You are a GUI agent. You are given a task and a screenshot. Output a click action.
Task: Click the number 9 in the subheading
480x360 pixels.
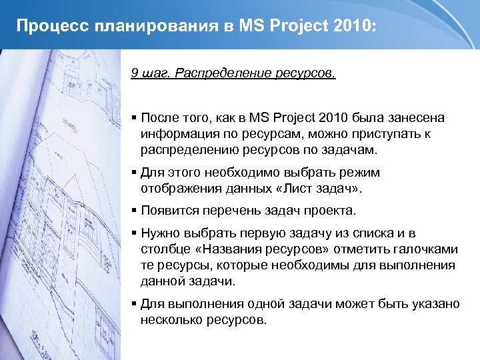coord(135,72)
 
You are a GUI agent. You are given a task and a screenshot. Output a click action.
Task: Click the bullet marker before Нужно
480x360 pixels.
coord(134,233)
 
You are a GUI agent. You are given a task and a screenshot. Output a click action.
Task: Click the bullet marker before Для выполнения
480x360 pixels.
coord(134,303)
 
